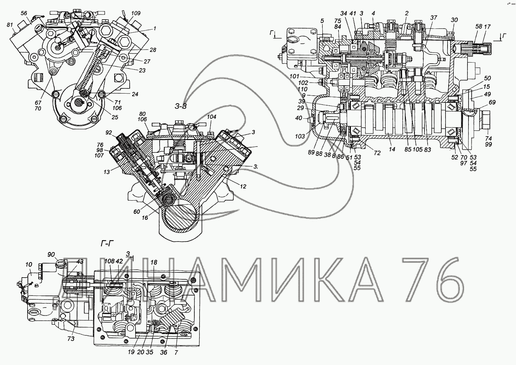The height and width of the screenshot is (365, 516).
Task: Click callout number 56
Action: (x=24, y=13)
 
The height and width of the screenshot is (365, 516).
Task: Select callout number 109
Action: (x=136, y=13)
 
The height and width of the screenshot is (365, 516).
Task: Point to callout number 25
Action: (x=115, y=117)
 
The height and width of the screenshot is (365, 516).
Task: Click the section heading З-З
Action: (x=180, y=106)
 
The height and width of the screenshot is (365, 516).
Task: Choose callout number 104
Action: (x=211, y=117)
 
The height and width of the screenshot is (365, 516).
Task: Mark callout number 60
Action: (x=137, y=212)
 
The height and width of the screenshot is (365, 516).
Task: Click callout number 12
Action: (x=243, y=186)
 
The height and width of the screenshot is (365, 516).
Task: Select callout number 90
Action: (x=51, y=255)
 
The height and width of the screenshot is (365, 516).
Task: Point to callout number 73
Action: (x=71, y=339)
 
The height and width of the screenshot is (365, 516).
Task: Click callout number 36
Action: (x=164, y=352)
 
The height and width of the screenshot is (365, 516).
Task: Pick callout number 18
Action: (x=153, y=262)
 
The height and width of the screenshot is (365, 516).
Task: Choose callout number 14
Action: (x=392, y=149)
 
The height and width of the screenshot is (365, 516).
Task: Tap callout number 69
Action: (x=492, y=103)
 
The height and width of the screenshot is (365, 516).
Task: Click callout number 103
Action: (x=300, y=136)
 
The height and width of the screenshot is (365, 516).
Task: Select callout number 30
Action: (x=454, y=20)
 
